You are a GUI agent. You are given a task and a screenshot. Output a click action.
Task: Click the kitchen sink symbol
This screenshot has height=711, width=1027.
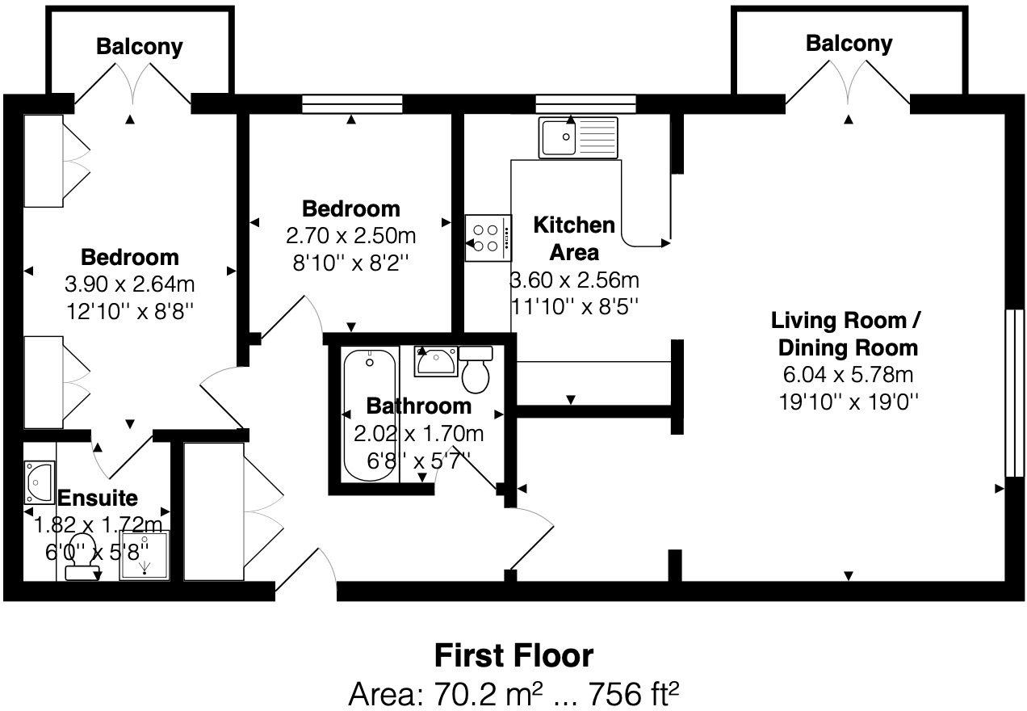(x=577, y=137)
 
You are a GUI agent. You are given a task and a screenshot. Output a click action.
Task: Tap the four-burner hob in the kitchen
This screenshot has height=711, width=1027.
(x=488, y=238)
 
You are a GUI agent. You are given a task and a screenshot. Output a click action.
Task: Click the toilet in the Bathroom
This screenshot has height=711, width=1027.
(x=477, y=371)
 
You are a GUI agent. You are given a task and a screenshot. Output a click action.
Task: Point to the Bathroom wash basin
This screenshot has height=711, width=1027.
(x=436, y=361)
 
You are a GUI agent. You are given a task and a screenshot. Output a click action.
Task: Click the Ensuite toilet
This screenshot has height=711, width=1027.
(x=82, y=558)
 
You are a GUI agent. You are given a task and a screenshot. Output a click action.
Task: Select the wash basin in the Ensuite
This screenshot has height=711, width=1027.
(x=39, y=482)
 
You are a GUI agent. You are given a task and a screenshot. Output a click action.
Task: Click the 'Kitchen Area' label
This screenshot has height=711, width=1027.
(x=574, y=238)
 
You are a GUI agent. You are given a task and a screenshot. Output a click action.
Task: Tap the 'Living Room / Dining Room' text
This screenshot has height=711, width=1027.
(x=845, y=334)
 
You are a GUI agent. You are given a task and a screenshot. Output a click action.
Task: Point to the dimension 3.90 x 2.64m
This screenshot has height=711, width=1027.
(x=129, y=284)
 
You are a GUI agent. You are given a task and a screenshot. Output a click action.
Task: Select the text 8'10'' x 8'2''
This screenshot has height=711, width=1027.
(x=350, y=262)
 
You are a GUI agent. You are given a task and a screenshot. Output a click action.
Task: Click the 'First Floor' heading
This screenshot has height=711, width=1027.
(x=513, y=655)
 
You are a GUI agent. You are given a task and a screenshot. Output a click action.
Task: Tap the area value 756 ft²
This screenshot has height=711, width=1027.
(x=633, y=692)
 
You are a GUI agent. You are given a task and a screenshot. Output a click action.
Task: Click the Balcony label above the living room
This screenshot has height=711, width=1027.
(x=849, y=44)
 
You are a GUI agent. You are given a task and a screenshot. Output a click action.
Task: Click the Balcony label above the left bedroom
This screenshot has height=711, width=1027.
(x=140, y=47)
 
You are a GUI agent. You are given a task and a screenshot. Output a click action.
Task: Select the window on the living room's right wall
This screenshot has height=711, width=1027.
(x=1008, y=393)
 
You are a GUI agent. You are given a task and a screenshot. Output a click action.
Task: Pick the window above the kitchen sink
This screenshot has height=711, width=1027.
(x=585, y=103)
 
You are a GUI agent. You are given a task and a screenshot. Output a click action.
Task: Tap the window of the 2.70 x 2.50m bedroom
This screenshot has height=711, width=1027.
(x=352, y=103)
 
